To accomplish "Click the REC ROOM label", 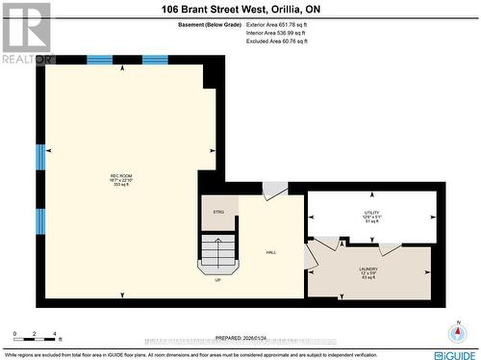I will [x=119, y=179].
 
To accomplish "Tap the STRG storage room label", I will [x=217, y=212].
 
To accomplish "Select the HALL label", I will [x=272, y=252].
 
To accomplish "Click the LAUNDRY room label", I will [x=369, y=273].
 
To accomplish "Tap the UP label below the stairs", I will [x=218, y=281].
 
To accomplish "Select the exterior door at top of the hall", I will [x=275, y=191].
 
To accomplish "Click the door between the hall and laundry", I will [x=315, y=256].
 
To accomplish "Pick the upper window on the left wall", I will [x=40, y=156].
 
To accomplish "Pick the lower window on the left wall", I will [x=40, y=219].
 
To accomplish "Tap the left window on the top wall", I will [x=100, y=60].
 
